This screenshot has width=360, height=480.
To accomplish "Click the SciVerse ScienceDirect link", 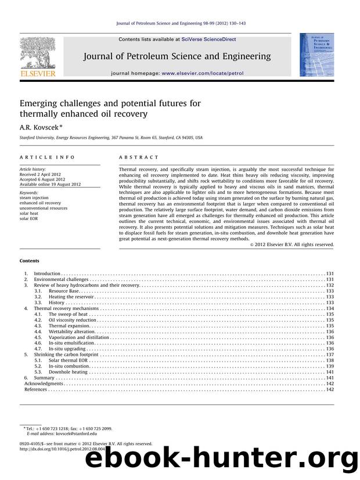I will (x=207, y=39).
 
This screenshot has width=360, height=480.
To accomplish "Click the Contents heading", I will (x=29, y=261).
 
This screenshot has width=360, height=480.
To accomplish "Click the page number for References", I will (x=329, y=389).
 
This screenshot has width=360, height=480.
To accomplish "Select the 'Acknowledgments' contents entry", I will (x=43, y=384).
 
